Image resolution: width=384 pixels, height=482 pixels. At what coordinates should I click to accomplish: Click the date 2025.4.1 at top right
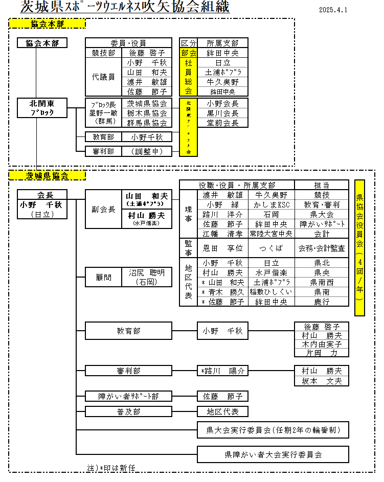click(x=333, y=10)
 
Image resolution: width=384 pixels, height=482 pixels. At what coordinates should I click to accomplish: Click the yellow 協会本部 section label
click(x=47, y=24)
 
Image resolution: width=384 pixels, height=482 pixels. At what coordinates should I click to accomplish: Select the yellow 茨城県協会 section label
click(x=47, y=175)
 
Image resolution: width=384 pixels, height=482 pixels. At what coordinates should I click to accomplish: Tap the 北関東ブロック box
click(x=42, y=107)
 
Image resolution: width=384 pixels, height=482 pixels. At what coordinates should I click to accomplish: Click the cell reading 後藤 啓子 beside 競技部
click(x=147, y=53)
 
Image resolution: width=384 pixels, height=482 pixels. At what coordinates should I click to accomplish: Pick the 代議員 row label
click(x=103, y=77)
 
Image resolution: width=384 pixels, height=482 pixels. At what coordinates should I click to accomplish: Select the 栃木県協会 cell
click(x=147, y=113)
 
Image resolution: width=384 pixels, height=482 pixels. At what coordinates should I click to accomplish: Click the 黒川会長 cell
click(x=222, y=113)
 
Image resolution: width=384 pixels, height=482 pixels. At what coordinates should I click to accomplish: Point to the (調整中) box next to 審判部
click(x=147, y=151)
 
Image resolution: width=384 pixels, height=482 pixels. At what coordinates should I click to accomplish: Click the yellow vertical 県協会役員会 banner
click(x=359, y=247)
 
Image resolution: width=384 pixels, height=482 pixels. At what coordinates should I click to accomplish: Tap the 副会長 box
click(x=103, y=209)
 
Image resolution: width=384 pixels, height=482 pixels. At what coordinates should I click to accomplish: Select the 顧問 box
click(x=103, y=277)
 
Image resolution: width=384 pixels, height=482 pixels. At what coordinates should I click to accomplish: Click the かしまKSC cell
click(x=271, y=204)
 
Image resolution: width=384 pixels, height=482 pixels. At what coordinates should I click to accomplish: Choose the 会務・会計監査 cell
click(x=322, y=248)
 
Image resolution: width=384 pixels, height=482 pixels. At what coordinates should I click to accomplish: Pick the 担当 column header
click(x=322, y=185)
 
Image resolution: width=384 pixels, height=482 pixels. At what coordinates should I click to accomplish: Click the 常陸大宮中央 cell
click(x=271, y=234)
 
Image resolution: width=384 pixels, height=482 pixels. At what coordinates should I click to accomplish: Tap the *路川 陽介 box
click(x=222, y=371)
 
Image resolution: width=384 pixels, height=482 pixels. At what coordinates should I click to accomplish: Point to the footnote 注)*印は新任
click(x=111, y=468)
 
